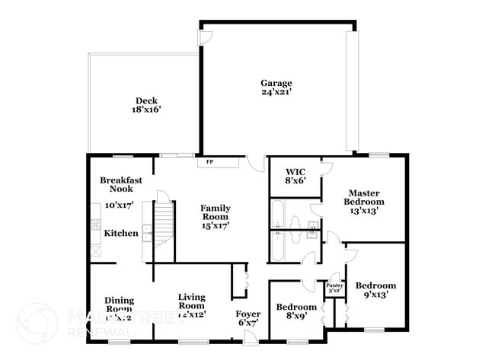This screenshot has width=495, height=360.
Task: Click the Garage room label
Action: [x=276, y=83]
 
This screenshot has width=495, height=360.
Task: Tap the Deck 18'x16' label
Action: [x=148, y=104]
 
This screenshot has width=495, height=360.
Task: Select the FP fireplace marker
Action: [x=209, y=162]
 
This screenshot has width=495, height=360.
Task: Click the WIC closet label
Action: [x=295, y=171]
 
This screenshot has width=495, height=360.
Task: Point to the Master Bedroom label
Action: [x=363, y=197]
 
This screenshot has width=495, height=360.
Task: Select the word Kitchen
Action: [x=121, y=233]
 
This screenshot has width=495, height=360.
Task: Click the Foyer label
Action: [x=247, y=312]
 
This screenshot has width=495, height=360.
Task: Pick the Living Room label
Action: [x=192, y=301]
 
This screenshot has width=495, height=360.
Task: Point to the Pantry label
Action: [x=334, y=285]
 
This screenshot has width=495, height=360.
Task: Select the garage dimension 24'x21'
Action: [x=276, y=92]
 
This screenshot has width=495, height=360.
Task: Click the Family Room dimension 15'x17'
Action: [x=215, y=225]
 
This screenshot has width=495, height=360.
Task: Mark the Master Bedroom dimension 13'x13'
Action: [x=363, y=211]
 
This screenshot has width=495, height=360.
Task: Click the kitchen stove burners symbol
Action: [x=97, y=225]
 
